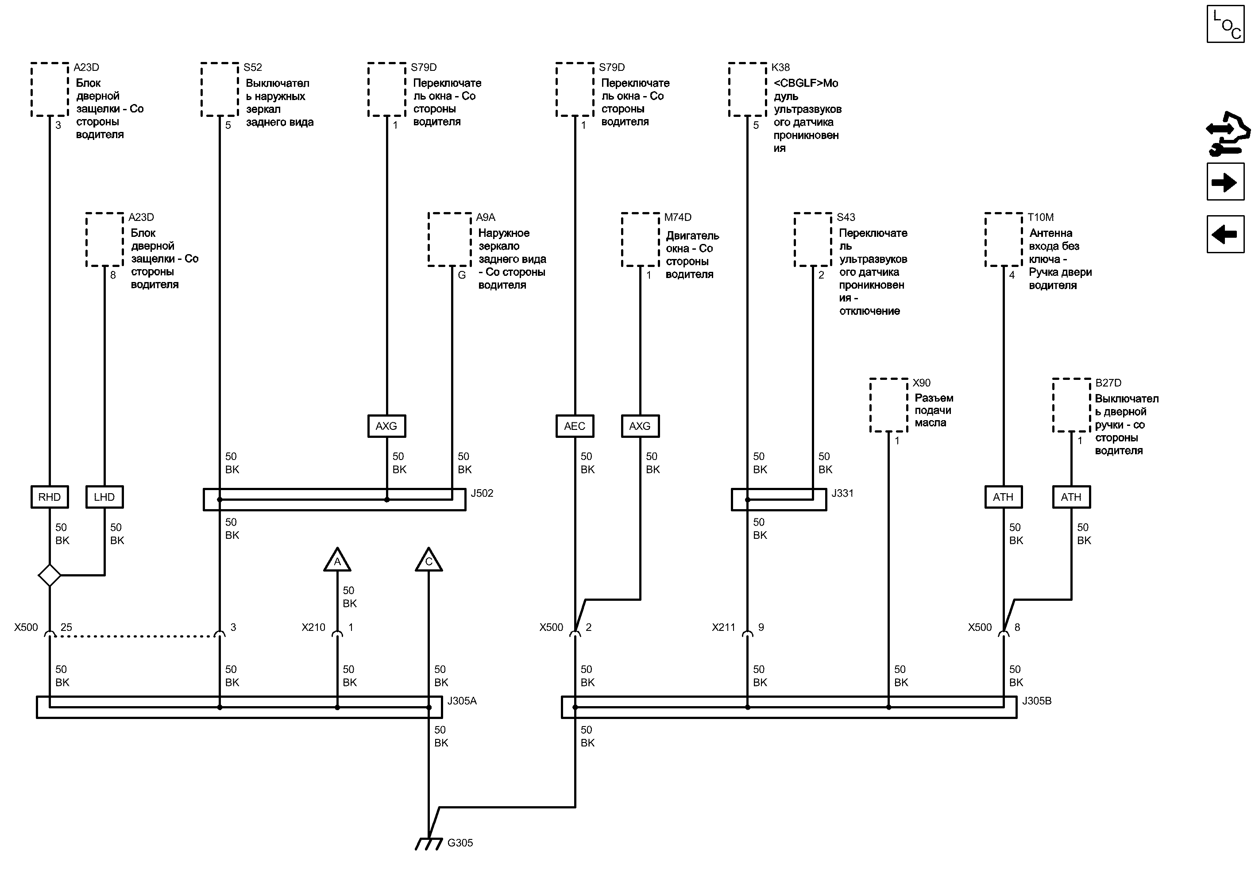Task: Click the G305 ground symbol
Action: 429,843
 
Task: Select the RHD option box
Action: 49,497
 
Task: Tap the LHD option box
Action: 104,497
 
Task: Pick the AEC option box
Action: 575,426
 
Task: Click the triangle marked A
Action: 337,560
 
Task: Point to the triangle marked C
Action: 429,560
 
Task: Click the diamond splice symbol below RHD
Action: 49,576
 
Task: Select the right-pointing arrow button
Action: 1225,182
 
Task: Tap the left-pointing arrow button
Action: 1225,234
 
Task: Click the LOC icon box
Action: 1225,23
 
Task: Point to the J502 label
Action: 482,493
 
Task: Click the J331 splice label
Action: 842,493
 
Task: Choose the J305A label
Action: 462,701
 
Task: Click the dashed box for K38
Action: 747,89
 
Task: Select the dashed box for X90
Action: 888,405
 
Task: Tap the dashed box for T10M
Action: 1003,239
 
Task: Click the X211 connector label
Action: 723,627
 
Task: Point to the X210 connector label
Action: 313,627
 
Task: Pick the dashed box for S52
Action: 220,89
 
